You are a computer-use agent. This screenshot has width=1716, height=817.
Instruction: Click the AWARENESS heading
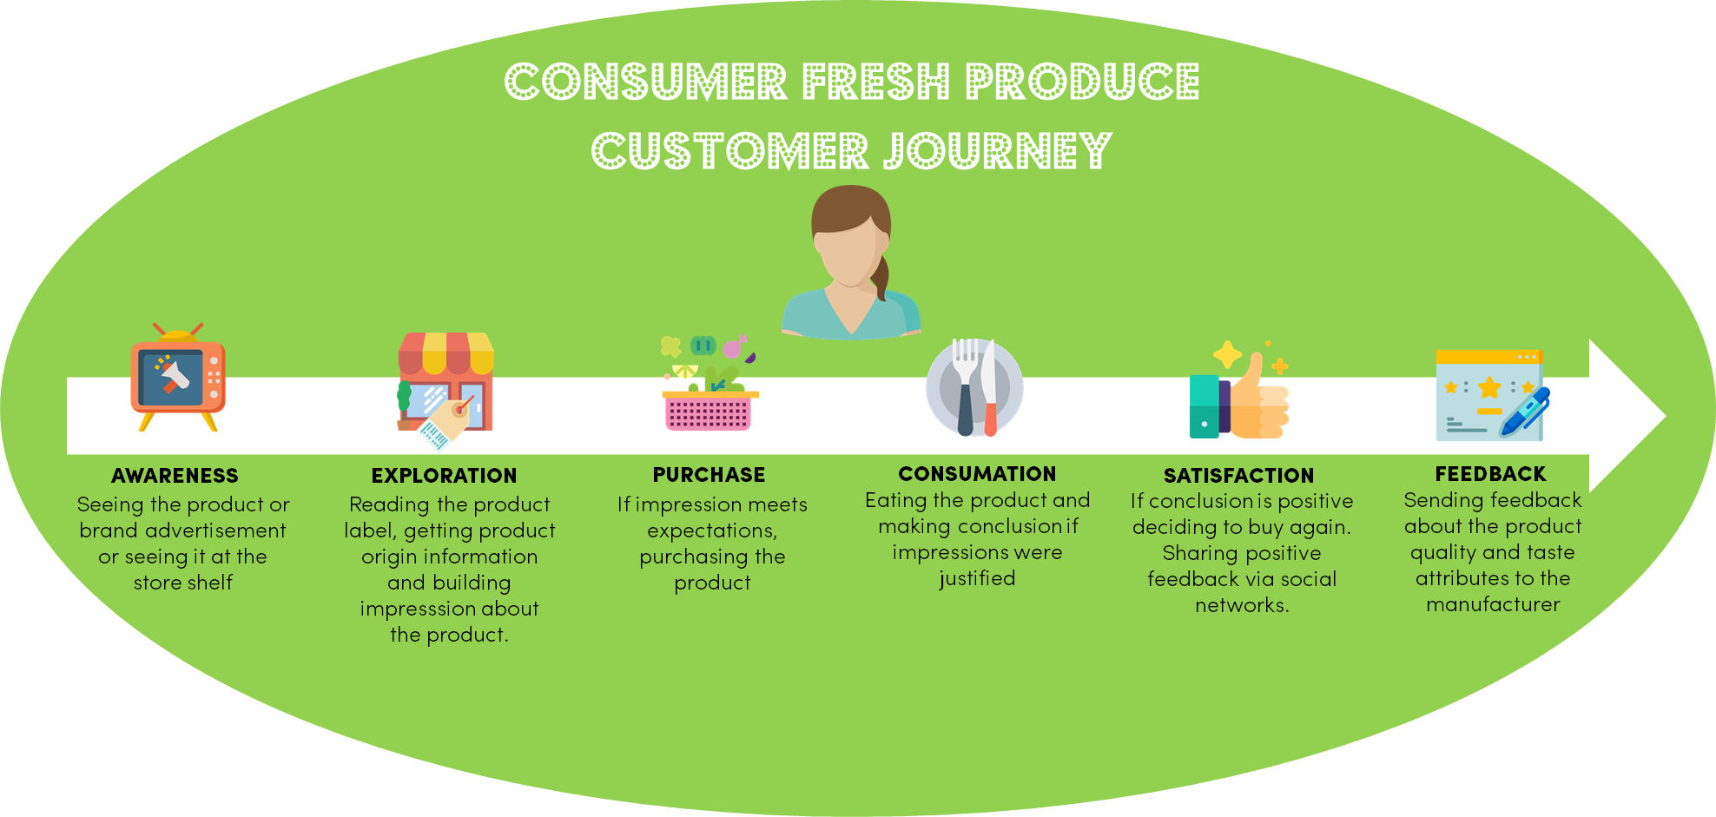pos(175,476)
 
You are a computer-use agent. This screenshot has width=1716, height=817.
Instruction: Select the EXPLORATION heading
pos(444,476)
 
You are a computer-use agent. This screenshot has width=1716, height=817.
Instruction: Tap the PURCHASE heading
pos(709,475)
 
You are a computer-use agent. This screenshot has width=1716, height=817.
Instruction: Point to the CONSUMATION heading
pos(977,474)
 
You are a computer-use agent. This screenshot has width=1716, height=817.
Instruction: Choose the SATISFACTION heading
pos(1238,476)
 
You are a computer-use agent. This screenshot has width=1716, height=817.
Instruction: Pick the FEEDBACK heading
pos(1490,474)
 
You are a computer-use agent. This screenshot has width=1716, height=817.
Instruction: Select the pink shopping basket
pos(709,410)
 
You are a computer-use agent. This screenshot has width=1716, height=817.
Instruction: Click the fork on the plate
pos(965,385)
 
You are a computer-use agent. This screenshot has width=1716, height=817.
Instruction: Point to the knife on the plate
pos(989,389)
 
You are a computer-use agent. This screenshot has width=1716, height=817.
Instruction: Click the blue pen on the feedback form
pos(1525,412)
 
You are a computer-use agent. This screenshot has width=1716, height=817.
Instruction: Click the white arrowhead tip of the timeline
pos(1665,416)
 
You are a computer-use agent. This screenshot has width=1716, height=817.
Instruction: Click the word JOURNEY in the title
pos(998,151)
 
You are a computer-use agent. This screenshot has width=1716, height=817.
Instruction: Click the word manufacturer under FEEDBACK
pos(1493,604)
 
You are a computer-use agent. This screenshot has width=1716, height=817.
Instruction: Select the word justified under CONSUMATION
pos(977,579)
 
